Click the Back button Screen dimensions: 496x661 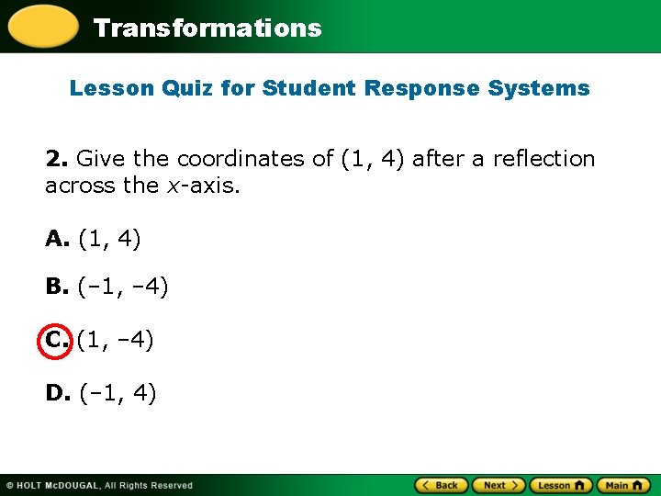coord(442,485)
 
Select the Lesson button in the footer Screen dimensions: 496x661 coord(560,485)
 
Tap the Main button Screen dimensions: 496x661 coord(623,485)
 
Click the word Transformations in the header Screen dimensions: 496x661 coord(207,28)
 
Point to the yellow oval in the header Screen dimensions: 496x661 coord(42,26)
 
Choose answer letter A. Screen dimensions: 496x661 coord(57,240)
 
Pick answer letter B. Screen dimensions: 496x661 coord(57,289)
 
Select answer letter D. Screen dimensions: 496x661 coord(58,394)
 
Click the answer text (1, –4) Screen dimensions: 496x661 coord(116,341)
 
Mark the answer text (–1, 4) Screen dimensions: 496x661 coord(118,394)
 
